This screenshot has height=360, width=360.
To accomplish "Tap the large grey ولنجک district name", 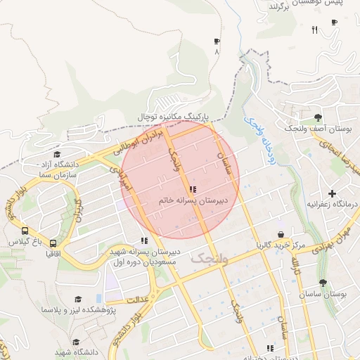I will (x=209, y=259).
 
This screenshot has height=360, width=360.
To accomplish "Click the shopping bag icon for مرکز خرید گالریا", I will (x=281, y=234).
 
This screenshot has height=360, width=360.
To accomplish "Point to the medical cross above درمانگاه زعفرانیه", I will (x=332, y=193).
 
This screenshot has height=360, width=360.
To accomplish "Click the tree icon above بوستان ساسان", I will (x=323, y=283).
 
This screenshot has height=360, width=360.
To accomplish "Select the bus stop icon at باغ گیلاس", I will (x=25, y=230).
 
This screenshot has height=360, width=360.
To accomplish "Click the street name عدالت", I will (x=138, y=300).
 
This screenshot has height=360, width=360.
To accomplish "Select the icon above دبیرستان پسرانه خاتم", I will (x=193, y=189).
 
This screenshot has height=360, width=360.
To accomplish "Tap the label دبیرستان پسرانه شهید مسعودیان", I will (x=144, y=257).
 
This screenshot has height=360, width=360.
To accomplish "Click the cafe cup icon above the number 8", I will (x=217, y=41).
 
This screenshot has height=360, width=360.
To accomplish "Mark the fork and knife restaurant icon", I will (x=314, y=30).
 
